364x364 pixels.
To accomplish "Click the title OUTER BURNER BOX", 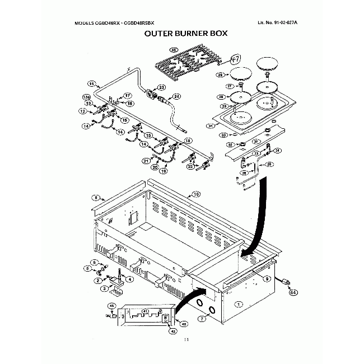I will tap(185, 33).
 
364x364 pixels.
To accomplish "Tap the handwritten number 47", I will tap(236, 58).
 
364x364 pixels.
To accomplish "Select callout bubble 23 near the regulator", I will tap(162, 87).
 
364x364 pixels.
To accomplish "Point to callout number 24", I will tap(176, 96).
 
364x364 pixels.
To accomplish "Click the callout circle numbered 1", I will tap(239, 305).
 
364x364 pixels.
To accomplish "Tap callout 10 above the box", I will tap(196, 194).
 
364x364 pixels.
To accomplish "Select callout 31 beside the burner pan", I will tap(211, 127).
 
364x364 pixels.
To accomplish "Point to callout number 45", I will tap(111, 306).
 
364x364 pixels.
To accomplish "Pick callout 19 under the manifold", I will tap(164, 172).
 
